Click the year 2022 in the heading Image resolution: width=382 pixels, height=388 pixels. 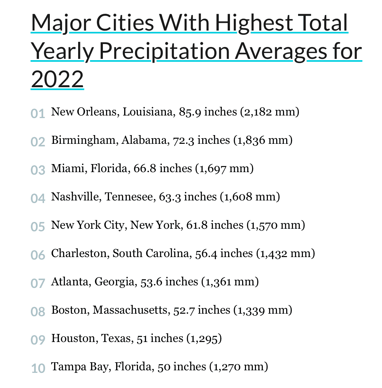[x=57, y=79]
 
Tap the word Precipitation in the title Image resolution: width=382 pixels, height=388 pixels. [x=164, y=52]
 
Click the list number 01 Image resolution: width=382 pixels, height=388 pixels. [x=38, y=114]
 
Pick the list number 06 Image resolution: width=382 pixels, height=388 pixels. [x=38, y=255]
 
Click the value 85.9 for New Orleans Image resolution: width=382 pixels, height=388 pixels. [x=190, y=112]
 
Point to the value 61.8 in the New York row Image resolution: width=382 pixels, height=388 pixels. [x=197, y=225]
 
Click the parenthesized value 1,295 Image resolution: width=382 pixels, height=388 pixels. [x=204, y=339]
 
